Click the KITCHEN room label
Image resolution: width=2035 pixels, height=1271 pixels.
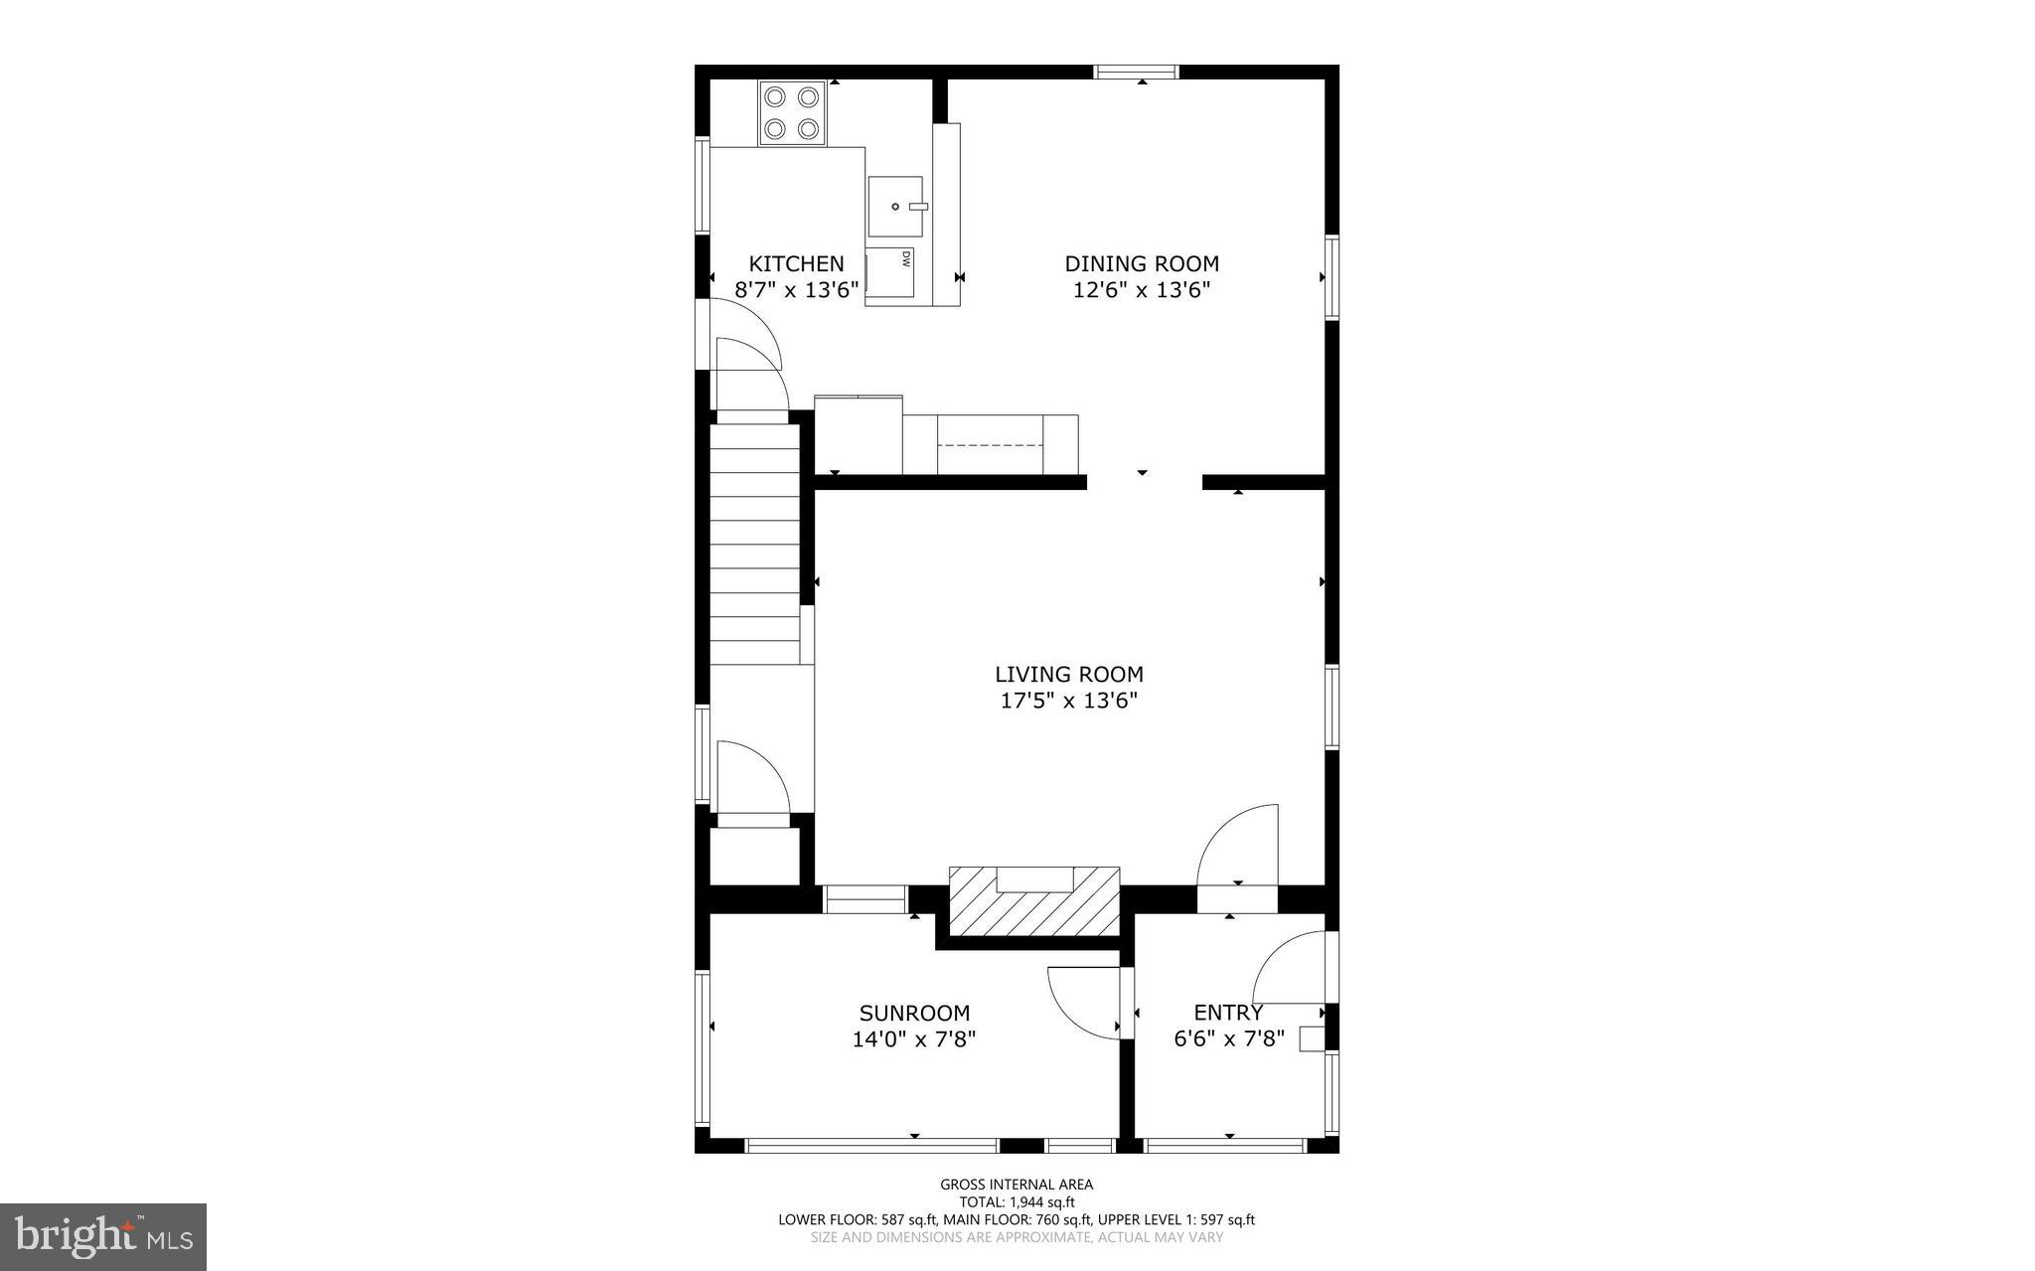796,263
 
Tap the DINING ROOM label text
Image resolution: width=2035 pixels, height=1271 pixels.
1142,263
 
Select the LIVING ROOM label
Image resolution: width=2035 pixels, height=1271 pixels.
1069,675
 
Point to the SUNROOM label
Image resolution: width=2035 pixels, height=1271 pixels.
914,1013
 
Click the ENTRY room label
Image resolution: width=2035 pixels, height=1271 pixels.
1228,1013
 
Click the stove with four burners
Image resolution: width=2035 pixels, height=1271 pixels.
792,113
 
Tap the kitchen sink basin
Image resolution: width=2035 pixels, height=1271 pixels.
895,207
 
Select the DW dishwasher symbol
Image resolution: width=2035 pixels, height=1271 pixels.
891,272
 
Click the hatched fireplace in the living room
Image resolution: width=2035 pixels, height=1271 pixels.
1034,902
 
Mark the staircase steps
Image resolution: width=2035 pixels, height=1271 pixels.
755,542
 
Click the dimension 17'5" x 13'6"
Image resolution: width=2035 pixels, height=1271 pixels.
1069,701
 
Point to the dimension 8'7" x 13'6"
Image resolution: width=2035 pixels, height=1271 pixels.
796,290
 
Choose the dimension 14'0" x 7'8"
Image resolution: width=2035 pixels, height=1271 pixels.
914,1039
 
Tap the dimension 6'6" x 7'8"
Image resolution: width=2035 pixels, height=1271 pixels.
1229,1039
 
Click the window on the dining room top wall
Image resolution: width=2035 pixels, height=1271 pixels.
1137,72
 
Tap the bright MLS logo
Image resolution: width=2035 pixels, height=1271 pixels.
103,1237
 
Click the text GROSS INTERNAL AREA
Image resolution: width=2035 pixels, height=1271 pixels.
1017,1184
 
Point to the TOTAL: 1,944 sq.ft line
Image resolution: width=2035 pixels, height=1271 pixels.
1017,1201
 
